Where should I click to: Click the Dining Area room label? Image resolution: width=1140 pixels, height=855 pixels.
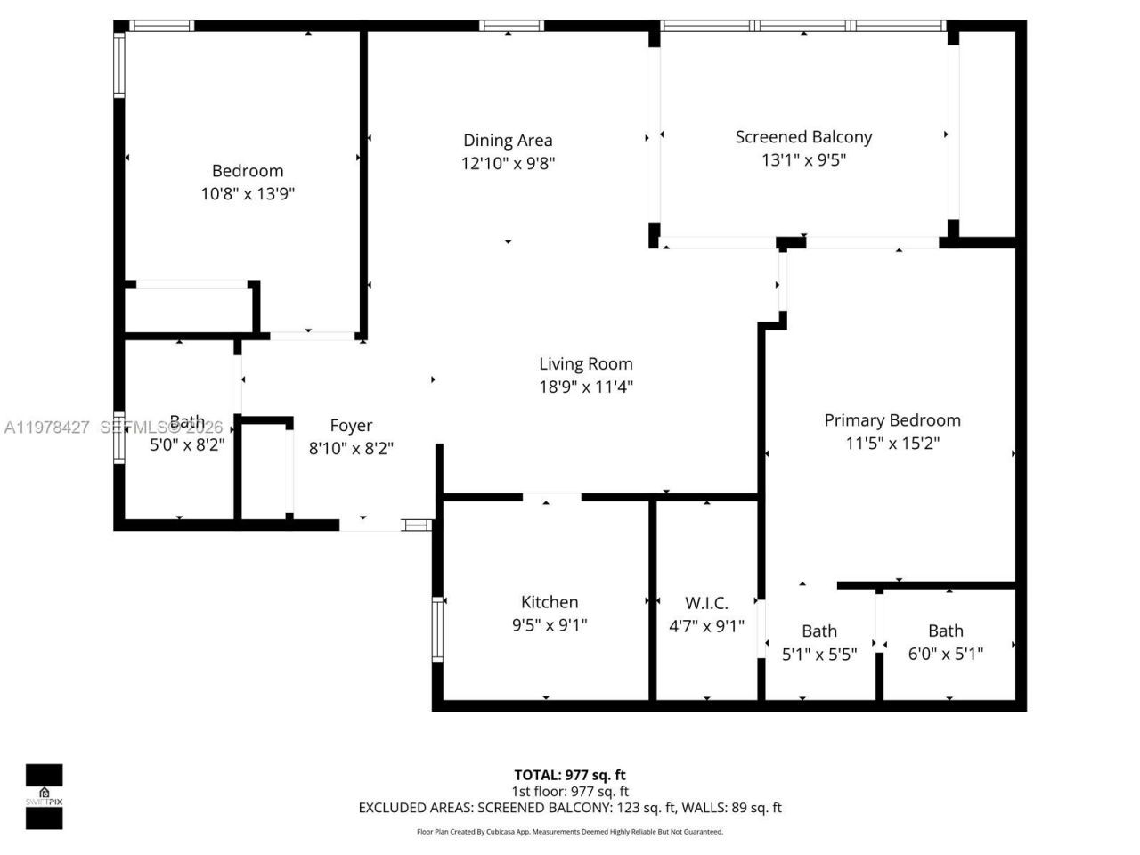pyautogui.click(x=508, y=140)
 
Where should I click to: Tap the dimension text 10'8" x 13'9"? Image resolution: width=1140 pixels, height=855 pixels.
pyautogui.click(x=248, y=193)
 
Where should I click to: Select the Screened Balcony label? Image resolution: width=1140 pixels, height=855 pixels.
pyautogui.click(x=803, y=137)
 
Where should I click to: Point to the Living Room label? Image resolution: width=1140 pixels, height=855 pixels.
pyautogui.click(x=586, y=363)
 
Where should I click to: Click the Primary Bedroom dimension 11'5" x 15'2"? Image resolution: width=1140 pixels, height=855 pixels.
pyautogui.click(x=892, y=443)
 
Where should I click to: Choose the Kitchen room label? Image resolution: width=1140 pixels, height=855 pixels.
pyautogui.click(x=550, y=602)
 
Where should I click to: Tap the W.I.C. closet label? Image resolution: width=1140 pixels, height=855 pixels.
pyautogui.click(x=706, y=603)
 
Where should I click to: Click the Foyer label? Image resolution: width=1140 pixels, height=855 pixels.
pyautogui.click(x=351, y=426)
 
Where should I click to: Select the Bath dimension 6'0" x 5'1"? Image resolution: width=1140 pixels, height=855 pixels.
pyautogui.click(x=946, y=654)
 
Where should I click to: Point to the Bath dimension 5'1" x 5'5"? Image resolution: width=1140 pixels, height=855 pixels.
pyautogui.click(x=819, y=654)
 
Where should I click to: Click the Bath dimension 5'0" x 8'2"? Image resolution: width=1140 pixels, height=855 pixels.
pyautogui.click(x=185, y=444)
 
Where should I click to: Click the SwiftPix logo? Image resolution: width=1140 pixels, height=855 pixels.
pyautogui.click(x=44, y=796)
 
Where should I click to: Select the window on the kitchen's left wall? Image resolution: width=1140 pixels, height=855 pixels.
pyautogui.click(x=437, y=629)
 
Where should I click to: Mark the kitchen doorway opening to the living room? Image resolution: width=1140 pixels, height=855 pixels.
pyautogui.click(x=551, y=497)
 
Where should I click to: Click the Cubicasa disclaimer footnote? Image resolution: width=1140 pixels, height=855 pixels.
pyautogui.click(x=570, y=832)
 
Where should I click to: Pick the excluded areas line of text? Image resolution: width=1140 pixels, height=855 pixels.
pyautogui.click(x=570, y=808)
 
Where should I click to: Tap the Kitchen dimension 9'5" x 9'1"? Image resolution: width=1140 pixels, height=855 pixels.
pyautogui.click(x=550, y=625)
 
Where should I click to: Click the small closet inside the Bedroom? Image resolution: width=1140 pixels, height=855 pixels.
pyautogui.click(x=191, y=309)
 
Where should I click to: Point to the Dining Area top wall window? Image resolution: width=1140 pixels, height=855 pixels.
pyautogui.click(x=510, y=26)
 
